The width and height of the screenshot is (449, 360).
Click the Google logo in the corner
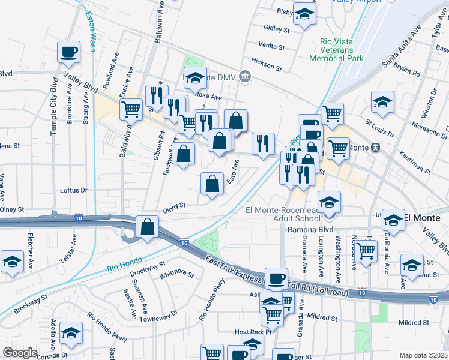[x=20, y=353]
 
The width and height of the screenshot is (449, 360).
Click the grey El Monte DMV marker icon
[x=245, y=76]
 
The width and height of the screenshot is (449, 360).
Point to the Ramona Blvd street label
[x=310, y=229]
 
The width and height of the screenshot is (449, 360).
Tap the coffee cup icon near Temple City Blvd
[x=69, y=52]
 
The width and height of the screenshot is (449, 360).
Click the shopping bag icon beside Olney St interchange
[x=148, y=227]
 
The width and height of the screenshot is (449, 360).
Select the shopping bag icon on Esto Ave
[x=212, y=184]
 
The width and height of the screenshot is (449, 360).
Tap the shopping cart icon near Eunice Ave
[x=131, y=109]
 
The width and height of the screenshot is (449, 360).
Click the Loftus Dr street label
[x=74, y=190]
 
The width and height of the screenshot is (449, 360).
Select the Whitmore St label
[x=178, y=275]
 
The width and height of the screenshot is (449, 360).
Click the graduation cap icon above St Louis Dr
[x=382, y=102]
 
